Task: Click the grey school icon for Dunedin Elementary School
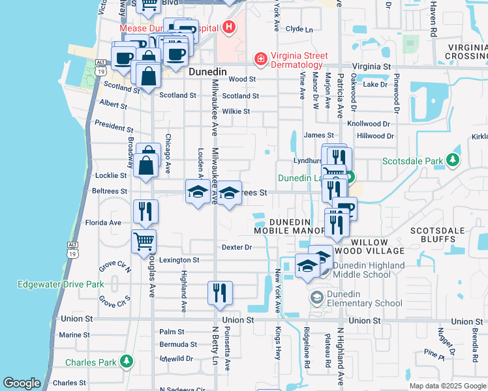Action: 316,298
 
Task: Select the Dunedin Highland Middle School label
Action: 368,270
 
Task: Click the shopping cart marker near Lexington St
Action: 144,241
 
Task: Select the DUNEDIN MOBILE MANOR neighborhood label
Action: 290,226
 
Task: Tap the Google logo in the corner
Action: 22,383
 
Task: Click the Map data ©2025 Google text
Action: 447,386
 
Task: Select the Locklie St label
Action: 110,176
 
